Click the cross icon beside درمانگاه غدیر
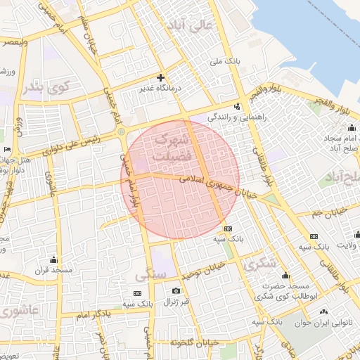pyautogui.click(x=161, y=77)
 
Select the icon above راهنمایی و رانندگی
pyautogui.click(x=237, y=107)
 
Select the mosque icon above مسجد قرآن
pyautogui.click(x=53, y=259)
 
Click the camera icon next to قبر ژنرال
pyautogui.click(x=176, y=290)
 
